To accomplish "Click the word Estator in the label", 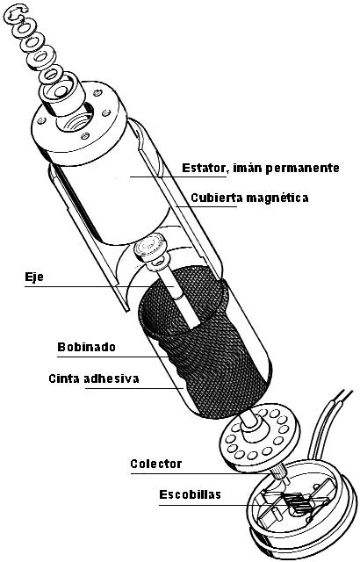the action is click(x=204, y=168).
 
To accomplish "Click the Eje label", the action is click(x=34, y=277).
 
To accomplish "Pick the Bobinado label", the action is click(x=86, y=347).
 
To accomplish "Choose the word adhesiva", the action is click(x=112, y=378).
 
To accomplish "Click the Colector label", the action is click(x=155, y=464).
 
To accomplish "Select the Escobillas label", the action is click(x=190, y=494).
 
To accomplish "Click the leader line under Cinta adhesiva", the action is click(x=134, y=388).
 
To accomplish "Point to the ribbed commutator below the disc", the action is click(x=281, y=474).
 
